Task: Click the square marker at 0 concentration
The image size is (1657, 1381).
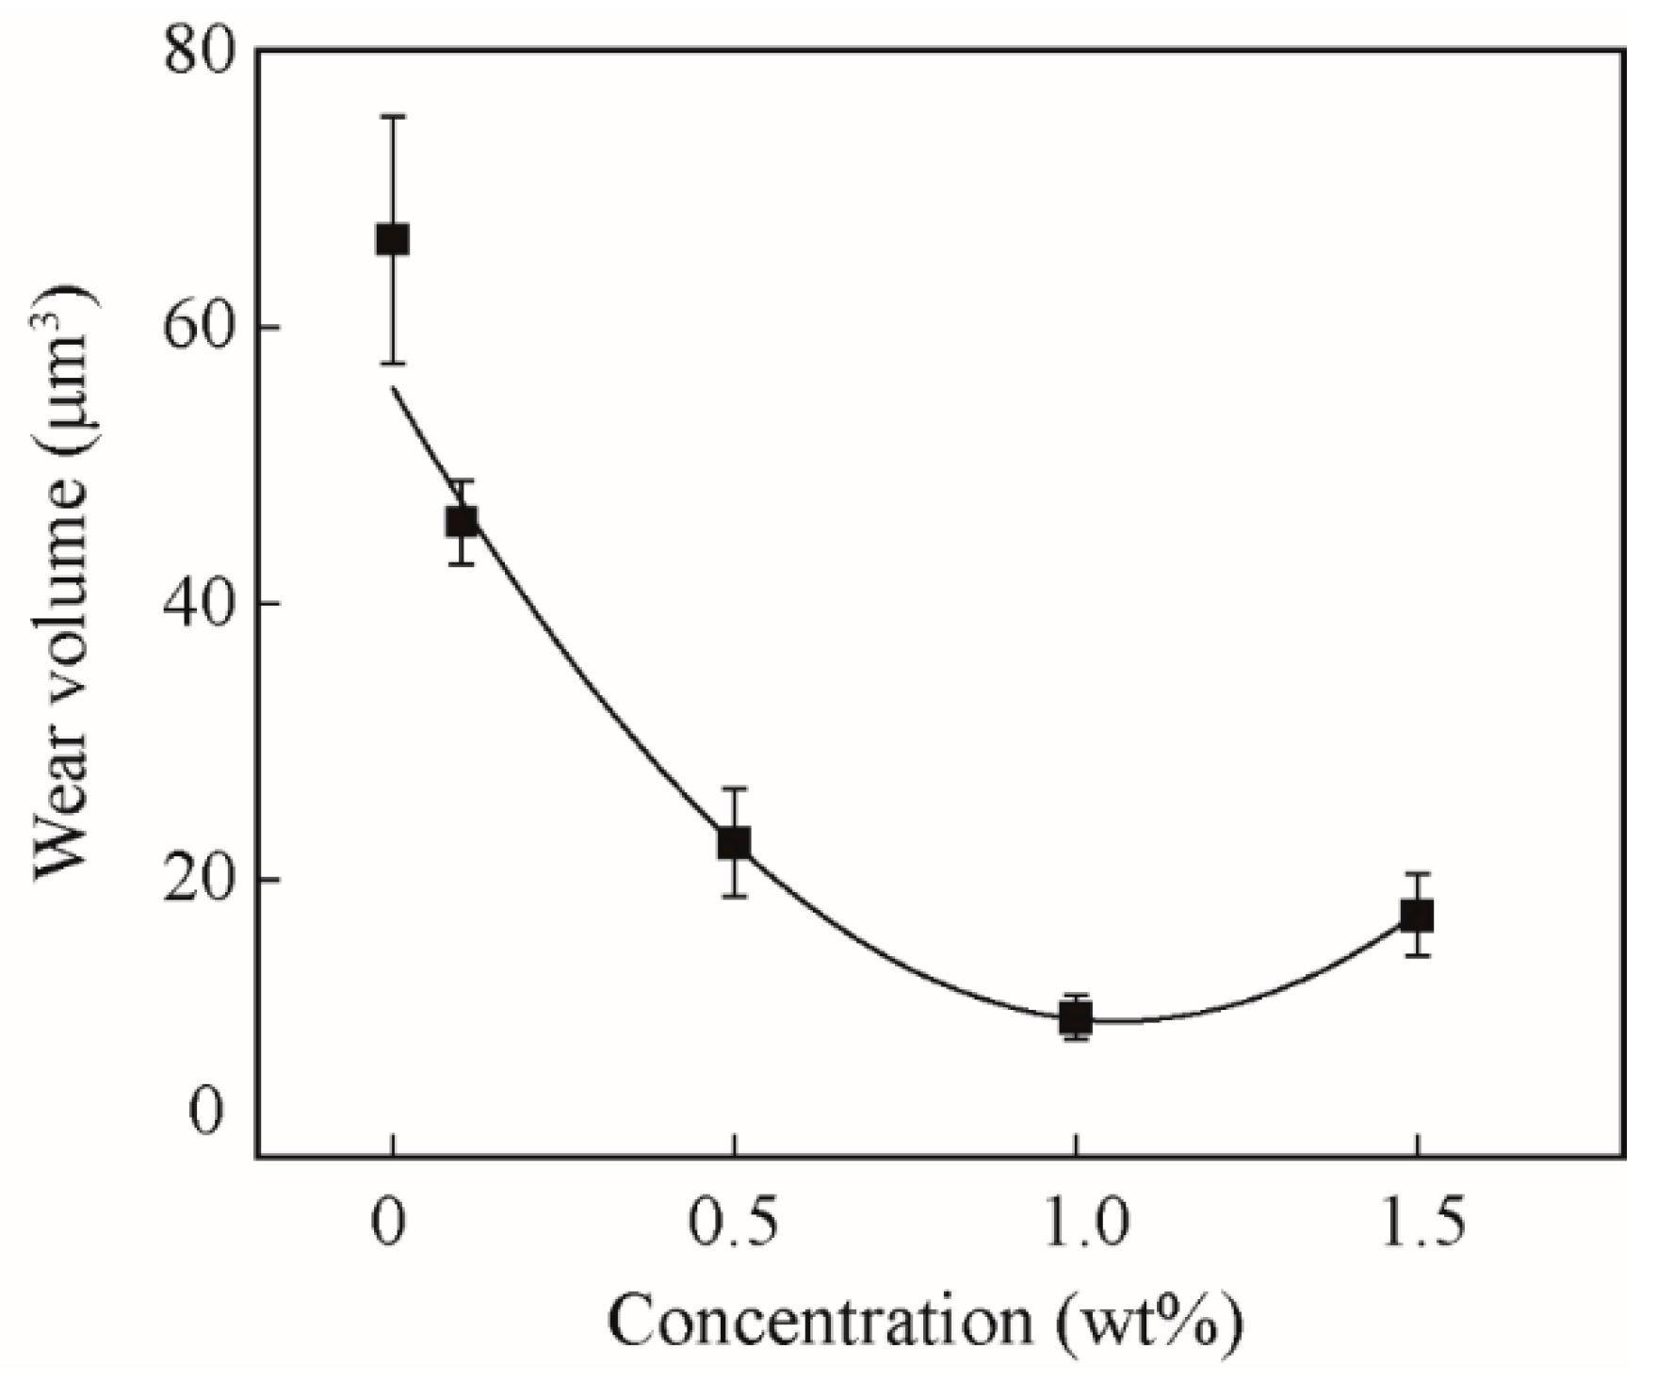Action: [x=392, y=239]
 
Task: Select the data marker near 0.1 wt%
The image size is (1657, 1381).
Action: [x=461, y=521]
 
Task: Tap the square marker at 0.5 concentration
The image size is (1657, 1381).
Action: [x=734, y=841]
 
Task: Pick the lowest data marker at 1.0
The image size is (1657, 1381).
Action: [x=1075, y=1017]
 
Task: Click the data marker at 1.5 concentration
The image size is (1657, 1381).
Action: [x=1416, y=915]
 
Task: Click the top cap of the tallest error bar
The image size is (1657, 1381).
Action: [x=392, y=116]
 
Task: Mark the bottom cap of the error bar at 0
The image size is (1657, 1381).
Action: [x=392, y=363]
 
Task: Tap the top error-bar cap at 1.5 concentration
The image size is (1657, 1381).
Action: [x=1416, y=874]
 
